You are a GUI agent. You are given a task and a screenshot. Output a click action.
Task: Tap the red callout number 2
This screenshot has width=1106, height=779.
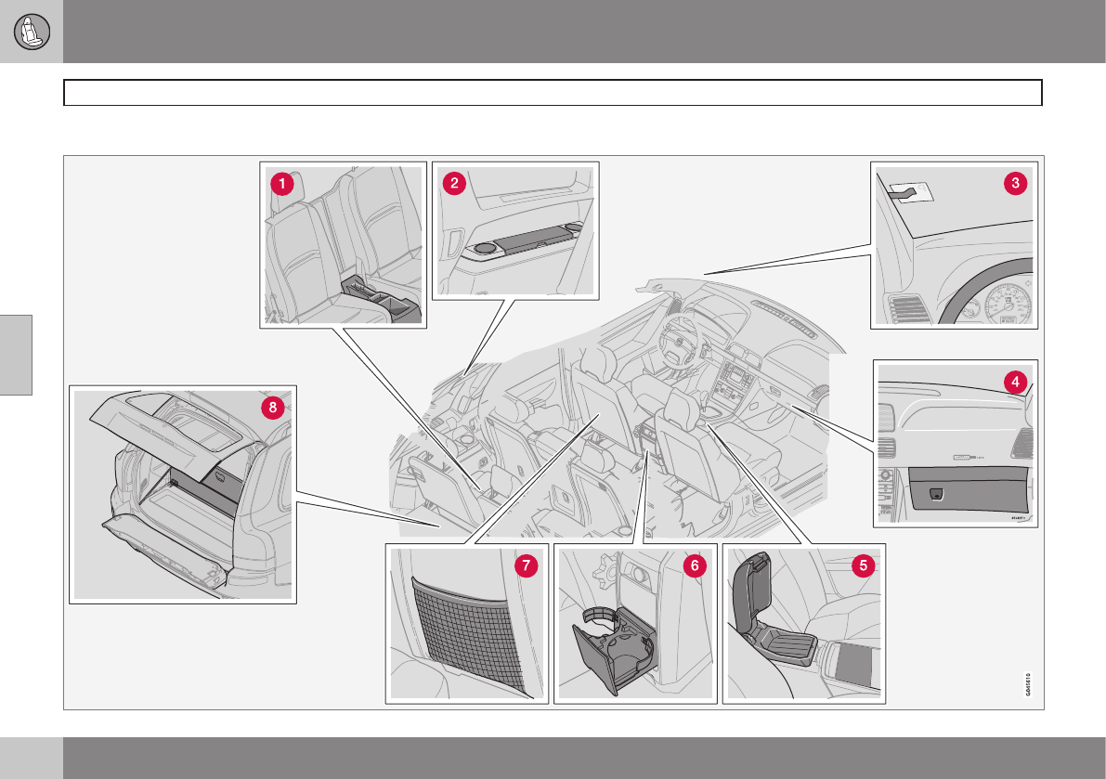pos(453,184)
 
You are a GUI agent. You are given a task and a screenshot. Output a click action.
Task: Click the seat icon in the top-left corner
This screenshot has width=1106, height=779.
pos(32,32)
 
